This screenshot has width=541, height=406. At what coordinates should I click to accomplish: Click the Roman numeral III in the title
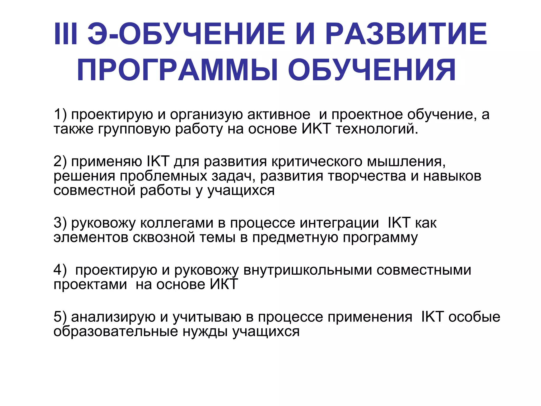click(66, 34)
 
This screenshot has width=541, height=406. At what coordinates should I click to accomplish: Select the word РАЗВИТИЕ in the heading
click(406, 34)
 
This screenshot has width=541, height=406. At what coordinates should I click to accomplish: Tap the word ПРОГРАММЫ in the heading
click(177, 70)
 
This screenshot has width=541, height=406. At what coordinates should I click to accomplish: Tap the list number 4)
click(60, 270)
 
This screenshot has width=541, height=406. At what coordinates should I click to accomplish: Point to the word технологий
click(377, 129)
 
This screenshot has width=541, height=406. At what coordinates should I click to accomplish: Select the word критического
click(317, 162)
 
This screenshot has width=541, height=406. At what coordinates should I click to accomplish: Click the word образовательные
click(116, 331)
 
